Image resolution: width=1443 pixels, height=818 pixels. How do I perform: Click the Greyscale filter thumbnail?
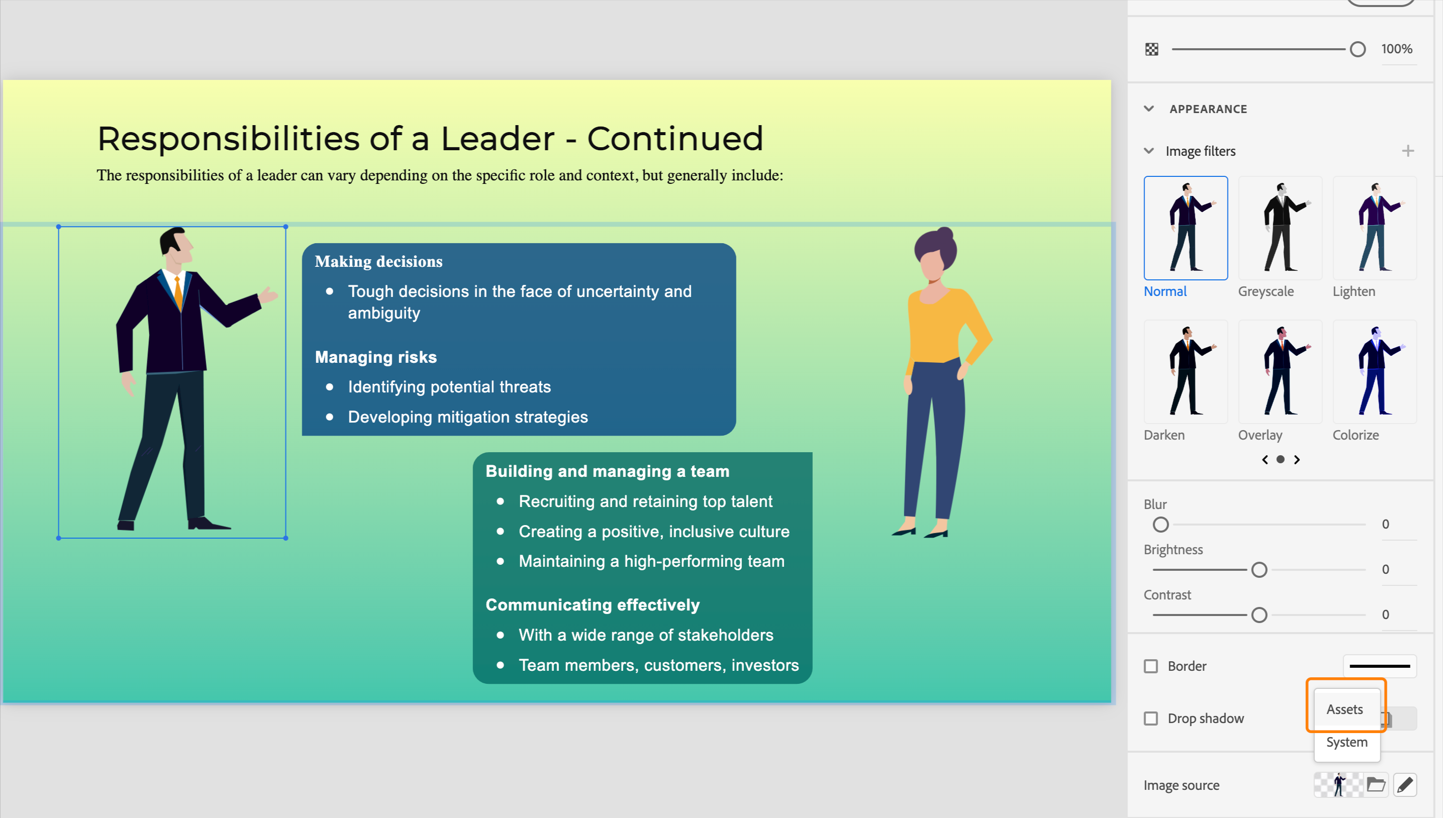(x=1280, y=228)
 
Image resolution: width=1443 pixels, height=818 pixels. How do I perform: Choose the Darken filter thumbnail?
(x=1185, y=371)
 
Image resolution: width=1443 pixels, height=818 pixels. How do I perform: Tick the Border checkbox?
(x=1151, y=666)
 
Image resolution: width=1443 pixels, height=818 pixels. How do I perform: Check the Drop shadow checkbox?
(x=1151, y=718)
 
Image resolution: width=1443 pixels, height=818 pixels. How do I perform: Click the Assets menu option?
(x=1344, y=709)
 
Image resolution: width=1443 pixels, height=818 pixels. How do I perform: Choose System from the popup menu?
(x=1346, y=742)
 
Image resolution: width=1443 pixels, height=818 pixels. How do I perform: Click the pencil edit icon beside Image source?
(x=1404, y=784)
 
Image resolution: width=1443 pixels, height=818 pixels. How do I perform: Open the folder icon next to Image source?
(x=1376, y=784)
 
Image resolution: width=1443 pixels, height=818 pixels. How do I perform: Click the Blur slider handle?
(x=1161, y=524)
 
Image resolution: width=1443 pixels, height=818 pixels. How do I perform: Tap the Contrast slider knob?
(x=1259, y=615)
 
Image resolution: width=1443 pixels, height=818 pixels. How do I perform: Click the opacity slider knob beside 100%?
(x=1357, y=49)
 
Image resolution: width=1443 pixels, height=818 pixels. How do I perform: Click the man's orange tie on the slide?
(x=178, y=292)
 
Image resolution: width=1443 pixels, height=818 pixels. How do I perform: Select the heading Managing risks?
(x=375, y=357)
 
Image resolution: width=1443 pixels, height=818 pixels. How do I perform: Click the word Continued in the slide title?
(x=675, y=138)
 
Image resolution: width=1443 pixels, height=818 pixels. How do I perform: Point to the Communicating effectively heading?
(x=592, y=604)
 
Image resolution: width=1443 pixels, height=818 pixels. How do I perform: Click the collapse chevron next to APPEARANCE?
(x=1148, y=109)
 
